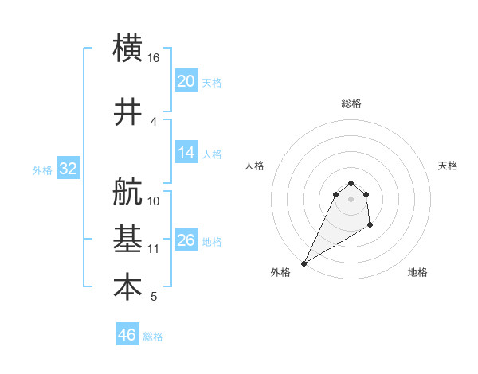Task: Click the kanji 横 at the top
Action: point(128,47)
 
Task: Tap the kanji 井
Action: point(128,111)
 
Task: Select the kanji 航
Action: point(128,192)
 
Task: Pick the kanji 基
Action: point(128,239)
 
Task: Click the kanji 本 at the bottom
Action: point(128,287)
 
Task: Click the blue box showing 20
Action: point(186,80)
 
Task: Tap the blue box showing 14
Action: point(186,153)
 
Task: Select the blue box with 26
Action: point(186,240)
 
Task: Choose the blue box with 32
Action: point(68,169)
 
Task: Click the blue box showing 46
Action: point(127,335)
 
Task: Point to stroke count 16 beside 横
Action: point(154,59)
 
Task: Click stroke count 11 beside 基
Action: point(154,249)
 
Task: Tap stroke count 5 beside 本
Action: point(154,298)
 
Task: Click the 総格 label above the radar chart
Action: point(351,103)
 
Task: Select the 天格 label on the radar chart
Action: point(449,166)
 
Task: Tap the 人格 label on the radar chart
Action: point(255,166)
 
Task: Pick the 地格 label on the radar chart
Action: point(417,272)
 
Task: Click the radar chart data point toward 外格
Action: point(304,263)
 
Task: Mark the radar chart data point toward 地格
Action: point(370,226)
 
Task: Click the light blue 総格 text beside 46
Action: point(154,337)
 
